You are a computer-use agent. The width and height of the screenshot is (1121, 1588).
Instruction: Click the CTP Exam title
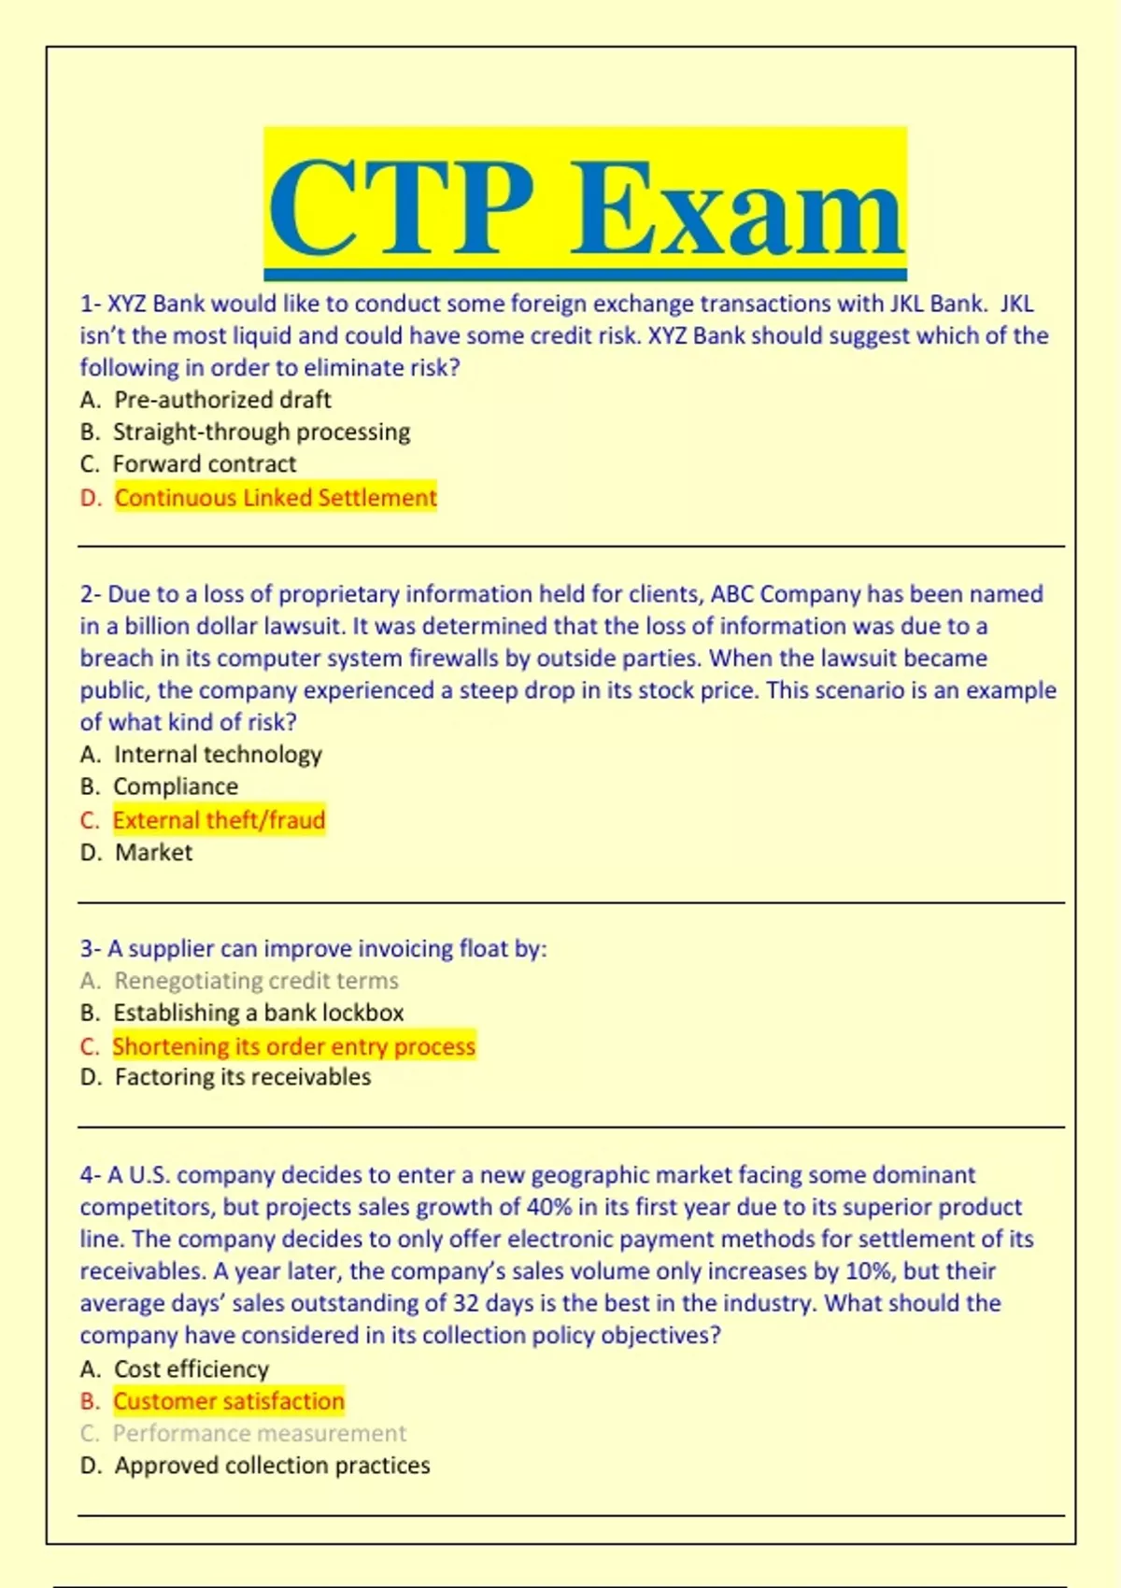click(585, 206)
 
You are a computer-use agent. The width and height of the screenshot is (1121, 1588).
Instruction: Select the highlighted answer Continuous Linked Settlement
click(276, 497)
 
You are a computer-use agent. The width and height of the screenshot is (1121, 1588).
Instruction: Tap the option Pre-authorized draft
click(222, 400)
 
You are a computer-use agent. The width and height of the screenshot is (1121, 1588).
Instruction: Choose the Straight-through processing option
click(262, 432)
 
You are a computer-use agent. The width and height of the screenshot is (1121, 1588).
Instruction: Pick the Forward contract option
click(205, 463)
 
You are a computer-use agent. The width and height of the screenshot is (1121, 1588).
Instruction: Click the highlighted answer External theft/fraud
click(219, 820)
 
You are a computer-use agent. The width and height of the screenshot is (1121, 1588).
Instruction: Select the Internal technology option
click(218, 754)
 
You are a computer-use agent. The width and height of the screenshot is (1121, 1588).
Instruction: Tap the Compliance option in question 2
click(176, 787)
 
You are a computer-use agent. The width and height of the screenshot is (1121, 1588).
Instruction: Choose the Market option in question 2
click(154, 852)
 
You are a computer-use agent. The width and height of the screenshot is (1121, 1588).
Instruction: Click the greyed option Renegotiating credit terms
click(256, 981)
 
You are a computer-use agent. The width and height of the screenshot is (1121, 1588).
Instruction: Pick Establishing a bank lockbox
click(259, 1013)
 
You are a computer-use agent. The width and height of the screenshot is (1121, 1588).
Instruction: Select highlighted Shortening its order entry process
click(293, 1046)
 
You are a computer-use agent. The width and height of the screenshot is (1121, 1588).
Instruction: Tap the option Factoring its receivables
click(243, 1077)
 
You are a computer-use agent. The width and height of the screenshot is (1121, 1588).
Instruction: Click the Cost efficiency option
click(192, 1368)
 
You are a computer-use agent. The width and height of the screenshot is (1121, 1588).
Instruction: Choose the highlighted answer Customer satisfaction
click(229, 1401)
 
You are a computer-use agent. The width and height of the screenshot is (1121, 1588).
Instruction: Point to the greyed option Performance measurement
click(260, 1433)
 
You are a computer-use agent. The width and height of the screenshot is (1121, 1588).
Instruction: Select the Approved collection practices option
click(272, 1465)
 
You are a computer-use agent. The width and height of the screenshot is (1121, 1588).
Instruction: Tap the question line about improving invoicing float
click(314, 949)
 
